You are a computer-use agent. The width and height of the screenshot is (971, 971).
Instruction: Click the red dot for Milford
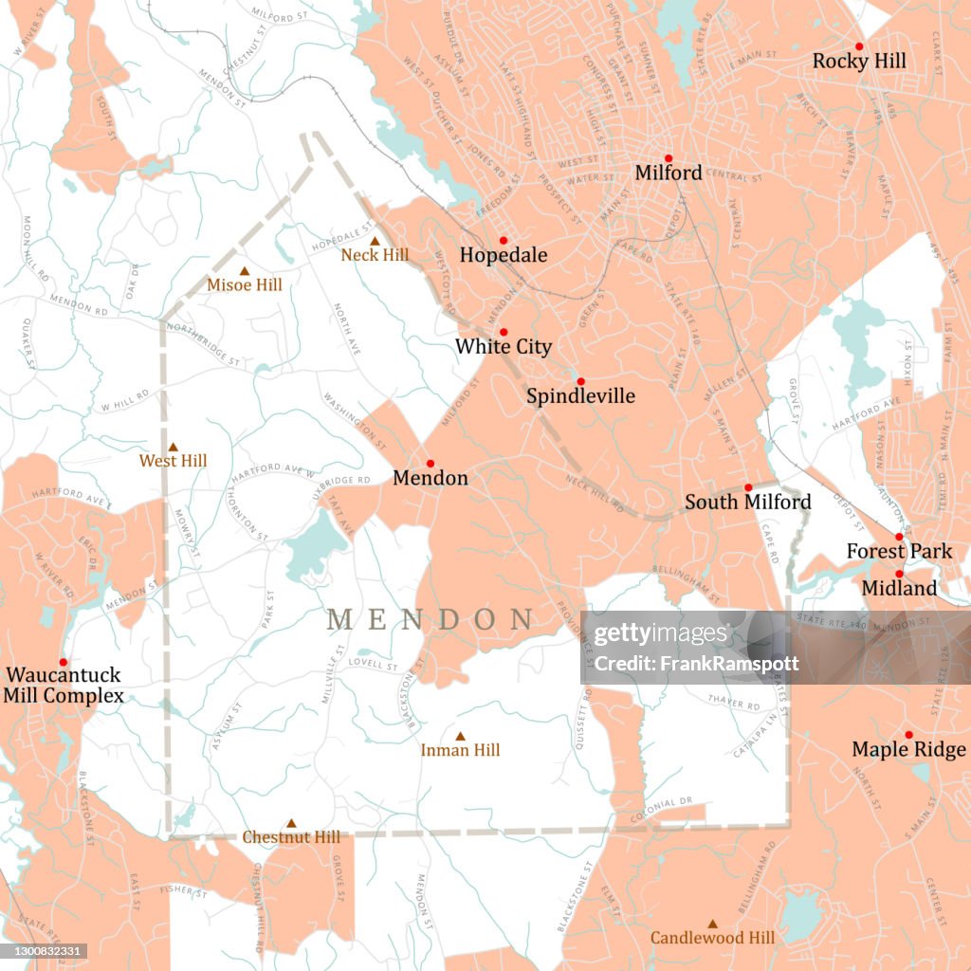[x=668, y=158]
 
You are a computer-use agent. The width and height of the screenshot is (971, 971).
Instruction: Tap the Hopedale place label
[x=504, y=255]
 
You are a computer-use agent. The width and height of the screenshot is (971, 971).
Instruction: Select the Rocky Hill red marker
[x=859, y=46]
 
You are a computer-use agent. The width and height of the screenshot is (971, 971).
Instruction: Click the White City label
[x=503, y=347]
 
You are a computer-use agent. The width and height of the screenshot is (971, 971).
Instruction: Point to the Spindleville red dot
[x=580, y=381]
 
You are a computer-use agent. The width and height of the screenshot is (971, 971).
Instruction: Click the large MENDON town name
[x=430, y=620]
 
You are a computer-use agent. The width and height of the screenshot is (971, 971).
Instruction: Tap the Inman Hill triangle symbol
[x=460, y=736]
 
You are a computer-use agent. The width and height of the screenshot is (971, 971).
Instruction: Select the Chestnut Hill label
[x=291, y=837]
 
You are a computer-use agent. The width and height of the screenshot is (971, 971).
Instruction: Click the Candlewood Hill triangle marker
[x=712, y=923]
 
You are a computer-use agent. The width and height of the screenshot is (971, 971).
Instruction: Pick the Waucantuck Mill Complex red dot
[x=64, y=662]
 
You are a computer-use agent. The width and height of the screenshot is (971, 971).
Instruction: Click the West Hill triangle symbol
[x=173, y=447]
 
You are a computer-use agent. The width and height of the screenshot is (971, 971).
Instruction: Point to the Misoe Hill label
[x=245, y=284]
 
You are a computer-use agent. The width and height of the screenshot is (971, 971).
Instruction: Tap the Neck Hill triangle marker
[x=375, y=242]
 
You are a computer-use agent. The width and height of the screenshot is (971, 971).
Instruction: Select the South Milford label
[x=748, y=502]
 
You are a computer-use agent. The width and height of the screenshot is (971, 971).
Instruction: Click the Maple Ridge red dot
[x=908, y=735]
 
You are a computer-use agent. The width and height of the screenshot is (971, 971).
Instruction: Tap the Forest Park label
[x=899, y=551]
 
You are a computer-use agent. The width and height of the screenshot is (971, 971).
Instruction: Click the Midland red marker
[x=899, y=574]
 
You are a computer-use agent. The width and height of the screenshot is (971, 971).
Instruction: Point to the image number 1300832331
[x=44, y=950]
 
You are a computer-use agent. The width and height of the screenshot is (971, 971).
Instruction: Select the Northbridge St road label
[x=203, y=343]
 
